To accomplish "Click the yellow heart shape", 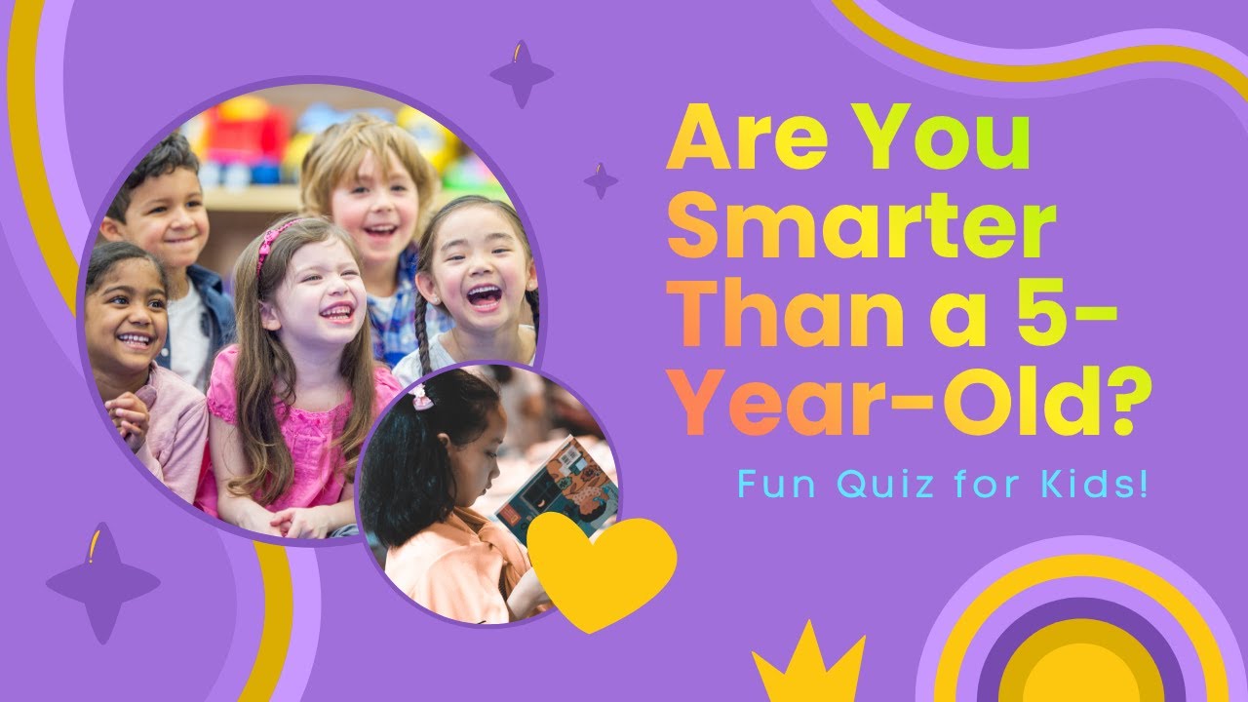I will pos(601,567).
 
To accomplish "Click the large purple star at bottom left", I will pos(102,582).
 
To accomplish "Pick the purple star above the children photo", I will pos(522,73).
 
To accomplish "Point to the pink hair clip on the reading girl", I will pos(421,396).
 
